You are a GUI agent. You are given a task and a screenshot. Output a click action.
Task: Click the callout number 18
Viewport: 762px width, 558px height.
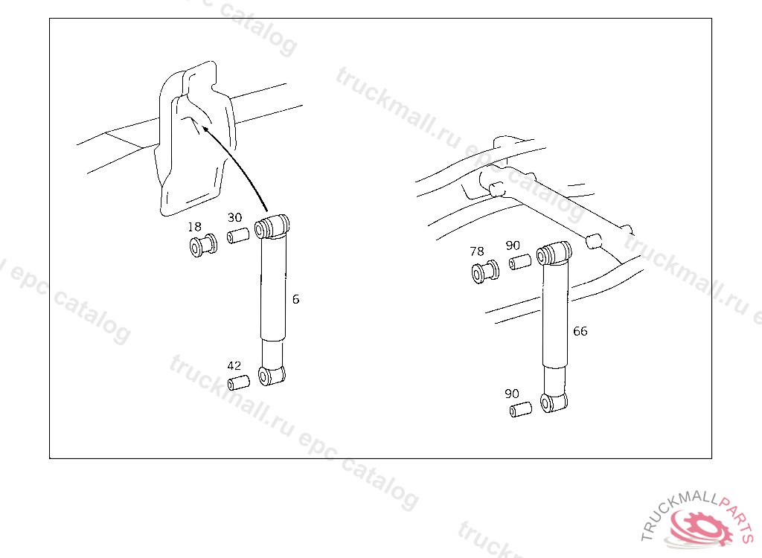[x=194, y=227]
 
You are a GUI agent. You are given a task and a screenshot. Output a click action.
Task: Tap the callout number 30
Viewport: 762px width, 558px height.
[x=234, y=217]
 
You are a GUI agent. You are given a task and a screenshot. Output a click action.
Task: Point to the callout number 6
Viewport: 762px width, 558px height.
[x=295, y=299]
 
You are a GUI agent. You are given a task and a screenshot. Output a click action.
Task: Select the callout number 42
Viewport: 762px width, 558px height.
[x=234, y=365]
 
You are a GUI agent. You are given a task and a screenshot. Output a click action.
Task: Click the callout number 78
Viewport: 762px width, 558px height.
[x=477, y=251]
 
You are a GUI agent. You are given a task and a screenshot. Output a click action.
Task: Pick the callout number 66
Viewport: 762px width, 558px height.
[x=580, y=331]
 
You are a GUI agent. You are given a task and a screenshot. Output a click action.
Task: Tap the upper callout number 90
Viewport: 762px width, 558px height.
[x=513, y=246]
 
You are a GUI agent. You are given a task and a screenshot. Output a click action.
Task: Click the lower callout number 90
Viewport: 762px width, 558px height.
[x=512, y=394]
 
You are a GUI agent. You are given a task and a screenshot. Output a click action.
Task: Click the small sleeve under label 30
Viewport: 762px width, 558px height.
[x=238, y=236]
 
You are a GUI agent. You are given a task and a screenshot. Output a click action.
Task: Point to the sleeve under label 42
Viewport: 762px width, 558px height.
[x=239, y=382]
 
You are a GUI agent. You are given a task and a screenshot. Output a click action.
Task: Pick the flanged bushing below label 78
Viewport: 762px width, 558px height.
[x=485, y=272]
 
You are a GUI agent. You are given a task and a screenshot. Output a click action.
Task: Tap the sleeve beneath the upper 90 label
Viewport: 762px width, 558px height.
[x=520, y=262]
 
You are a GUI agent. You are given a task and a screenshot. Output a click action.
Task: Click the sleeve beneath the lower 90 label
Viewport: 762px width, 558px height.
[x=520, y=409]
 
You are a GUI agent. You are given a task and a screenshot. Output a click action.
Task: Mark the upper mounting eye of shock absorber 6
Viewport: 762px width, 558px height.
[x=272, y=226]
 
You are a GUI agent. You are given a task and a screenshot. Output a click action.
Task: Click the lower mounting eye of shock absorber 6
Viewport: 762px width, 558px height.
[x=272, y=376]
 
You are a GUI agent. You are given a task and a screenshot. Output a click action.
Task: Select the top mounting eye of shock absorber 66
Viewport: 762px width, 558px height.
[x=554, y=253]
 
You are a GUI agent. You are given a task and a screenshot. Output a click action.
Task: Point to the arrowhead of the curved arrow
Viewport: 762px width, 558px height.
[x=206, y=129]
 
